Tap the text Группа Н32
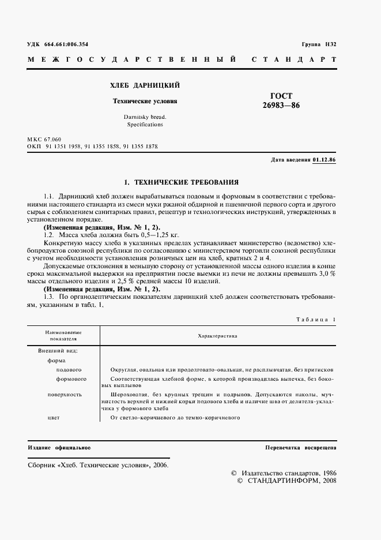point(319,44)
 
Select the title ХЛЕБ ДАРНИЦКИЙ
point(144,85)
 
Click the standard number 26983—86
point(281,106)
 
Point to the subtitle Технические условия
point(144,100)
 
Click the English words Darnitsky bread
point(144,117)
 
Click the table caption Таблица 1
point(315,320)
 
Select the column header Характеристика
point(217,335)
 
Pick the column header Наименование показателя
point(63,336)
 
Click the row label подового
point(69,370)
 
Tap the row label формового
point(71,379)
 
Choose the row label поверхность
point(65,395)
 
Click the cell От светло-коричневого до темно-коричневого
point(175,418)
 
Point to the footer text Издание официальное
point(59,448)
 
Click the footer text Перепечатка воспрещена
point(300,448)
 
